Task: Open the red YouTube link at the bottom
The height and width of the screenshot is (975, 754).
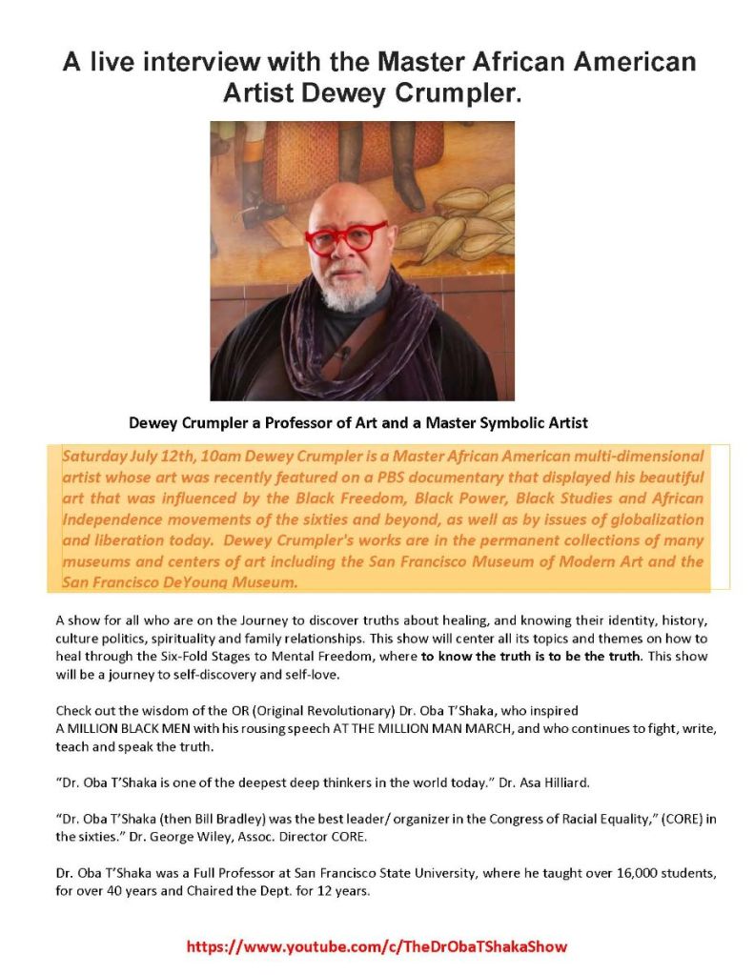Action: [377, 947]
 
